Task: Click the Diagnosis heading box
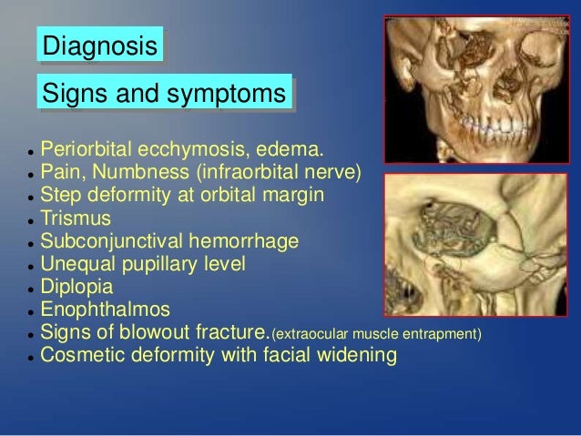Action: (100, 46)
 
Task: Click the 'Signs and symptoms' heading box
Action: (164, 93)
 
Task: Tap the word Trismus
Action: (76, 218)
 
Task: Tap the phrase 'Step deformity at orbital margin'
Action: (180, 195)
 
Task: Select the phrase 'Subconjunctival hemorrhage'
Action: (169, 241)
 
